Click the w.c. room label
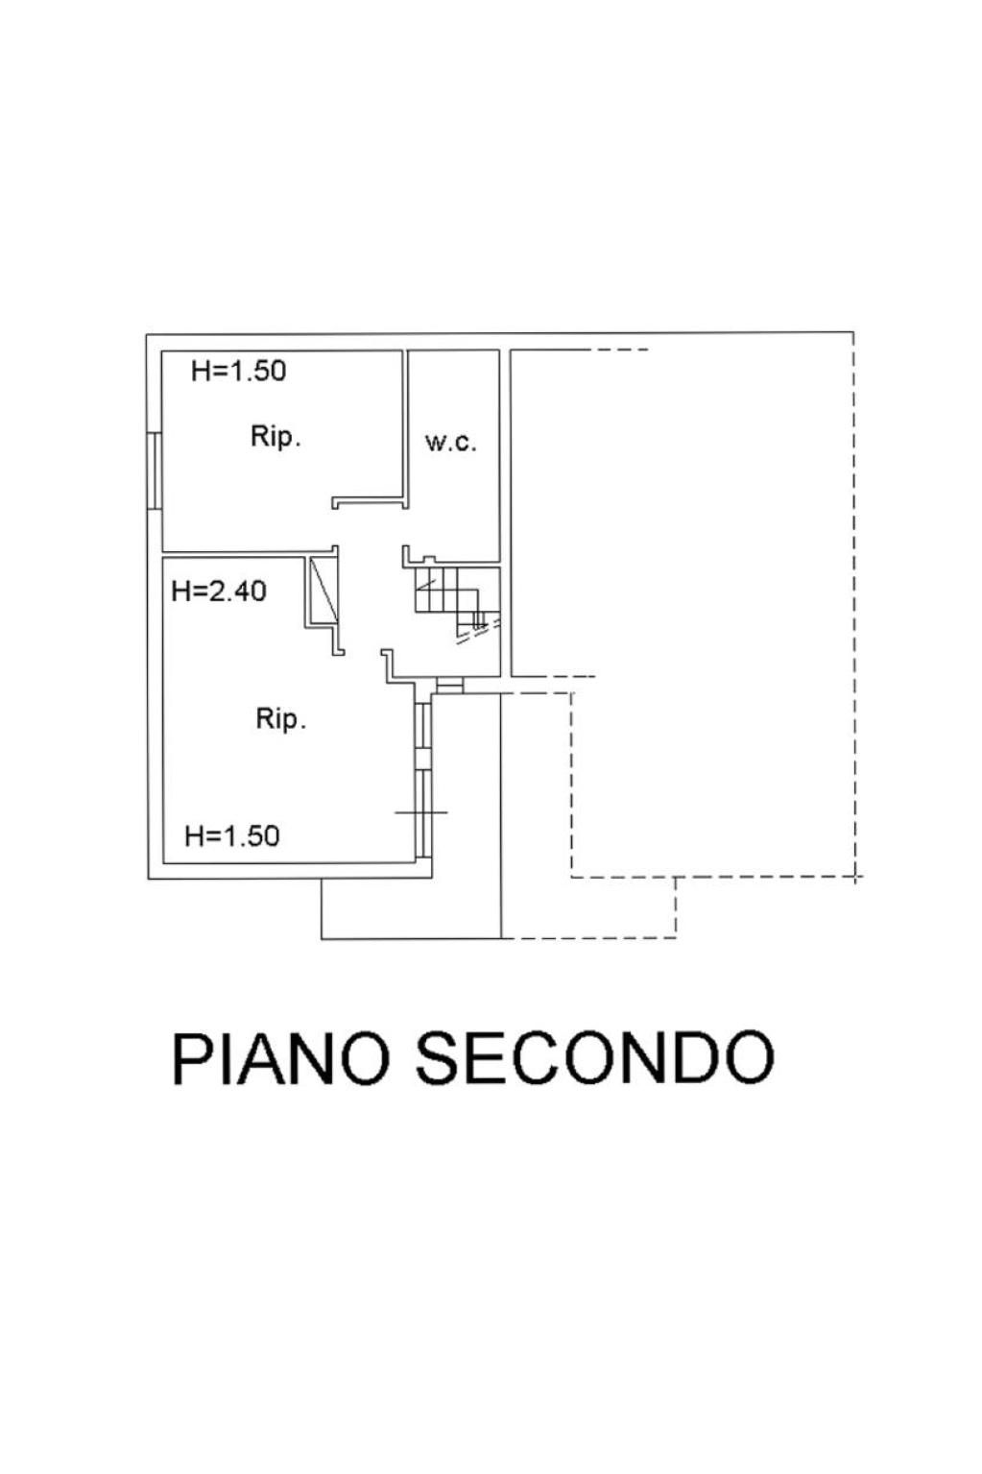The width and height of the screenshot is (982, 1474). tap(450, 442)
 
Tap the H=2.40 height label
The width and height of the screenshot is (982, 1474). tap(219, 591)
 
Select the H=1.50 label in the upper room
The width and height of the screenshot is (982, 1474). tap(239, 371)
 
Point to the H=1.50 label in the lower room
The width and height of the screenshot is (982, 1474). tap(232, 835)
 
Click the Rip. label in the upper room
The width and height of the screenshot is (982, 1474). tap(275, 437)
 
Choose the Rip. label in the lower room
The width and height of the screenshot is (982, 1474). tap(281, 720)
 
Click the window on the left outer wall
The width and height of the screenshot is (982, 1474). tap(155, 470)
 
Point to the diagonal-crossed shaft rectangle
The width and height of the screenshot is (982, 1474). tap(323, 590)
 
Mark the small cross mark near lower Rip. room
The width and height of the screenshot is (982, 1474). tap(421, 812)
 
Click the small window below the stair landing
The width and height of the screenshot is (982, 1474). tap(450, 686)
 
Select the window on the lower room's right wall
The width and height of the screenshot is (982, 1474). tap(423, 779)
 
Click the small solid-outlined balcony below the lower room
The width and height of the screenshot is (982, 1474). tap(411, 908)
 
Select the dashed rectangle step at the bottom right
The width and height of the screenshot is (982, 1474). tap(588, 908)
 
